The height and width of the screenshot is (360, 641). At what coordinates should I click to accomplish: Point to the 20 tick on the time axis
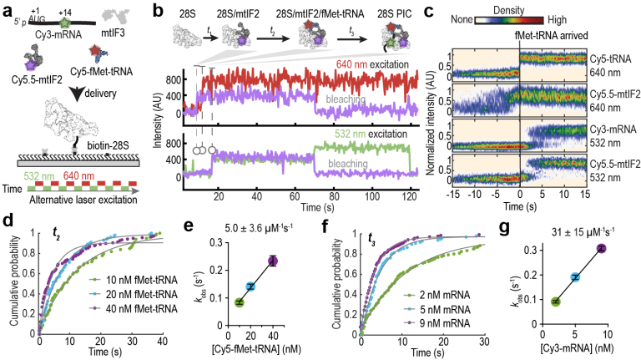[219, 195]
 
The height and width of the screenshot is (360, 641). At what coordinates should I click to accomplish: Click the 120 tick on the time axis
[409, 195]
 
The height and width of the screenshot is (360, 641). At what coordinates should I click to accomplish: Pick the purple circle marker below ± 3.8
[272, 261]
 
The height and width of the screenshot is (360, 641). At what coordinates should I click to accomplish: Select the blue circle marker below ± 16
[574, 277]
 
